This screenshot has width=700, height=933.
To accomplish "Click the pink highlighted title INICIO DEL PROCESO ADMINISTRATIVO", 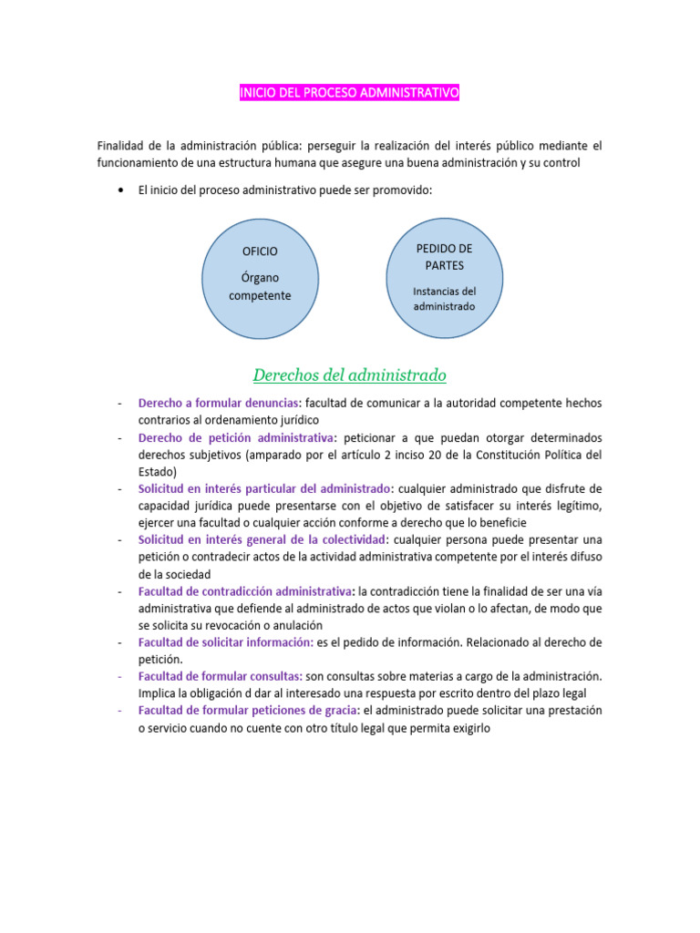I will click(350, 93).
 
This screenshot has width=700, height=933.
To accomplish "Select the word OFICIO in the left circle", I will click(260, 251).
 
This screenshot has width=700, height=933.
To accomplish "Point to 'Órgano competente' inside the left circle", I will click(260, 287).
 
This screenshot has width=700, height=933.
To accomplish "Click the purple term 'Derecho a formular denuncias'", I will click(220, 403).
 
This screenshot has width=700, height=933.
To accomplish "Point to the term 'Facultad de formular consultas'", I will click(221, 676).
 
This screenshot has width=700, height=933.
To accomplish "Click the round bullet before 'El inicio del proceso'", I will click(121, 190).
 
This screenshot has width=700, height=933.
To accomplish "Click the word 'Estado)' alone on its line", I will click(158, 471).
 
